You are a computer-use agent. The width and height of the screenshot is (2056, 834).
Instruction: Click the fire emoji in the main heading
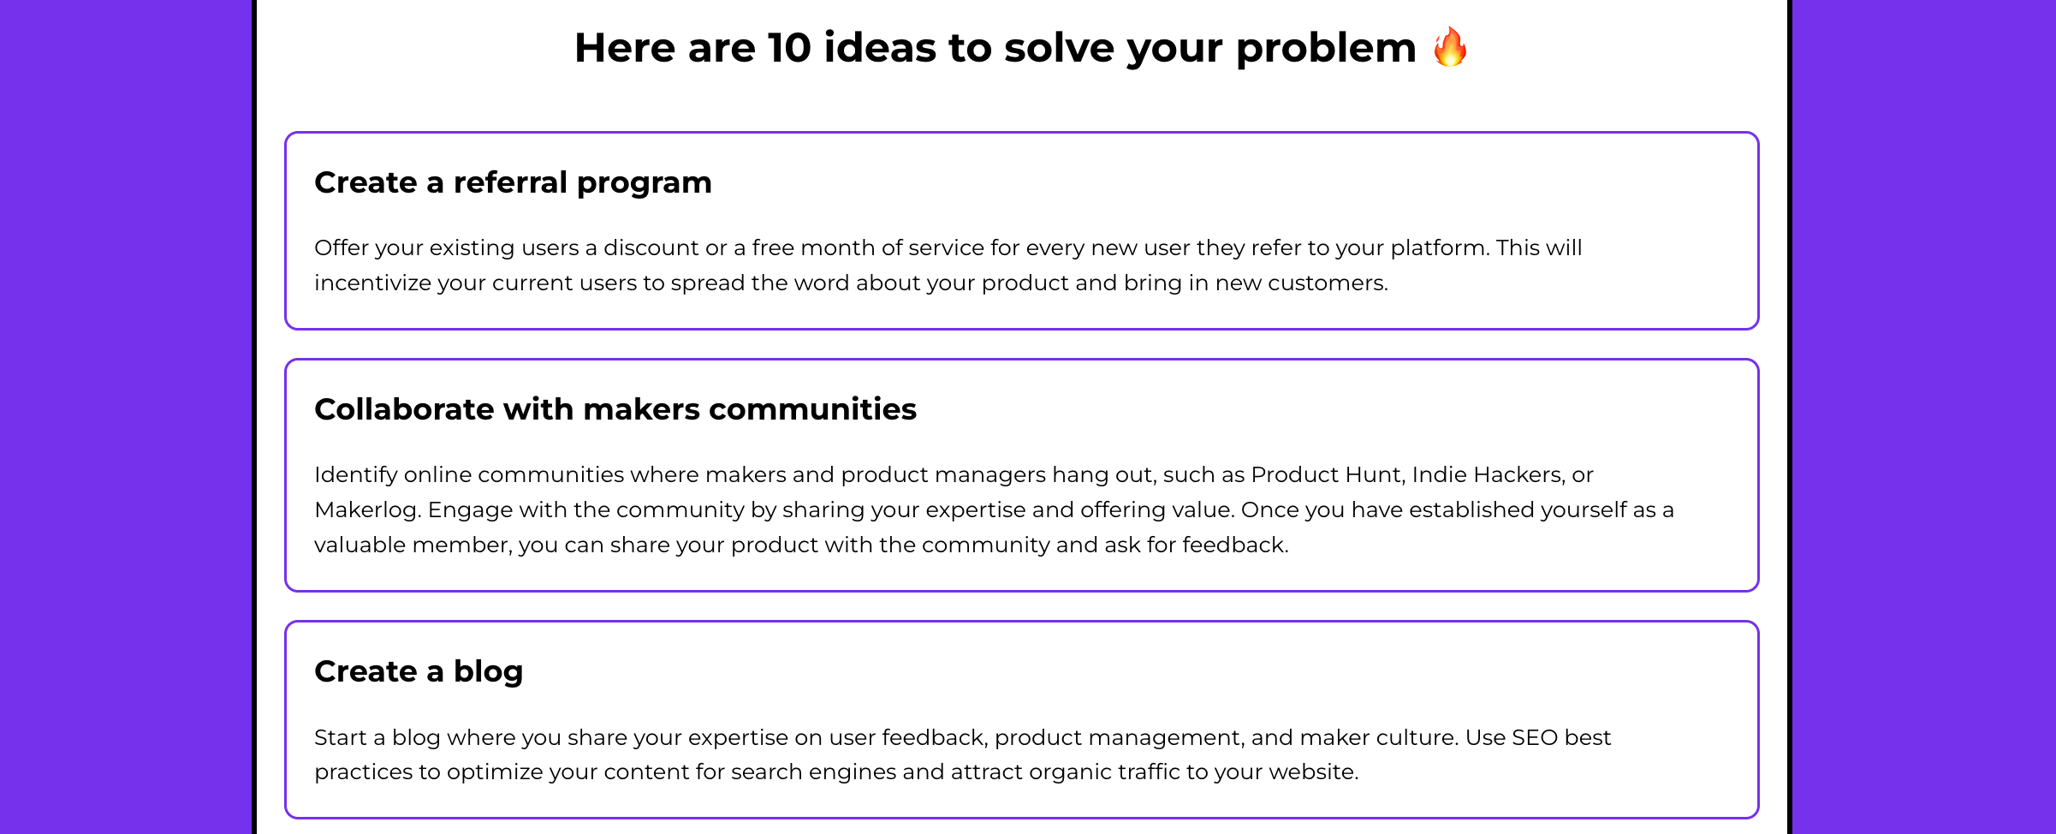tap(1450, 46)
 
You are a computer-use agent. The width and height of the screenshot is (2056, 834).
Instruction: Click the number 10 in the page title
tap(789, 47)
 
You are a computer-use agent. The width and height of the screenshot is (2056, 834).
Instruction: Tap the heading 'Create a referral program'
tap(513, 182)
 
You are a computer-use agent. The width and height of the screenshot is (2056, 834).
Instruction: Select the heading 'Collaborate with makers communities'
tap(615, 409)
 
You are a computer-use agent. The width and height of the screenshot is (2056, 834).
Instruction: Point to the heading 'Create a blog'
tap(419, 671)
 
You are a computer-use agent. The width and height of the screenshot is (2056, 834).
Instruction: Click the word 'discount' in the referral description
tap(651, 247)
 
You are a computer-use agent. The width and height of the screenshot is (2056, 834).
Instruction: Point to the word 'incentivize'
tap(372, 283)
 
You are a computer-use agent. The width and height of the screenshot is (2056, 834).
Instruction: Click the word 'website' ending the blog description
tap(1312, 772)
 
